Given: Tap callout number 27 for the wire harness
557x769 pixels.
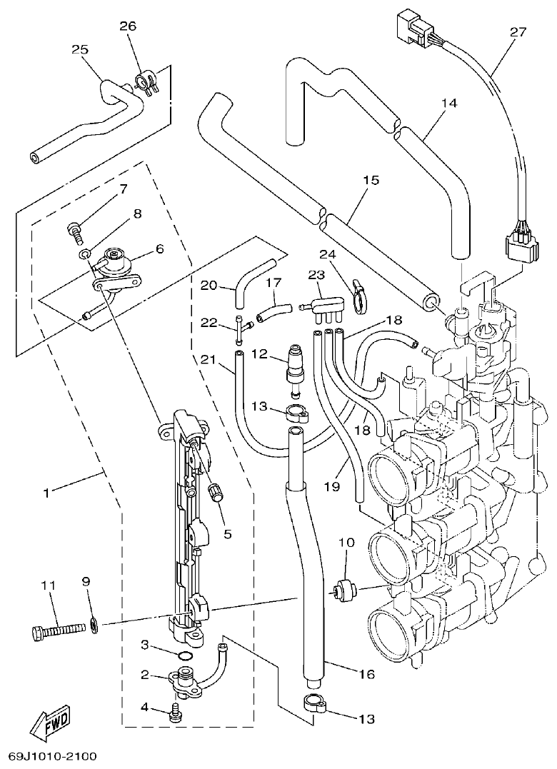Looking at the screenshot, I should pyautogui.click(x=518, y=32).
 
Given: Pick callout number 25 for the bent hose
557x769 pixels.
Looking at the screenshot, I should pyautogui.click(x=79, y=49).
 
